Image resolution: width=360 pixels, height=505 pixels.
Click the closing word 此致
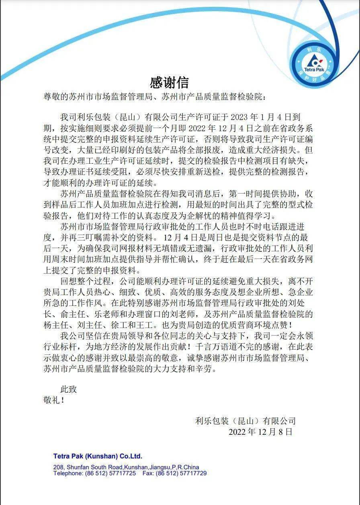(x=68, y=389)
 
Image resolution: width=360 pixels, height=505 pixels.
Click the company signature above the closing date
(x=245, y=421)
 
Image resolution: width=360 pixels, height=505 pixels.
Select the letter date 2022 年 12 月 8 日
(x=260, y=432)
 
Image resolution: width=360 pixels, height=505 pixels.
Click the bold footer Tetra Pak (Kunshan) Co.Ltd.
(x=98, y=456)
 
